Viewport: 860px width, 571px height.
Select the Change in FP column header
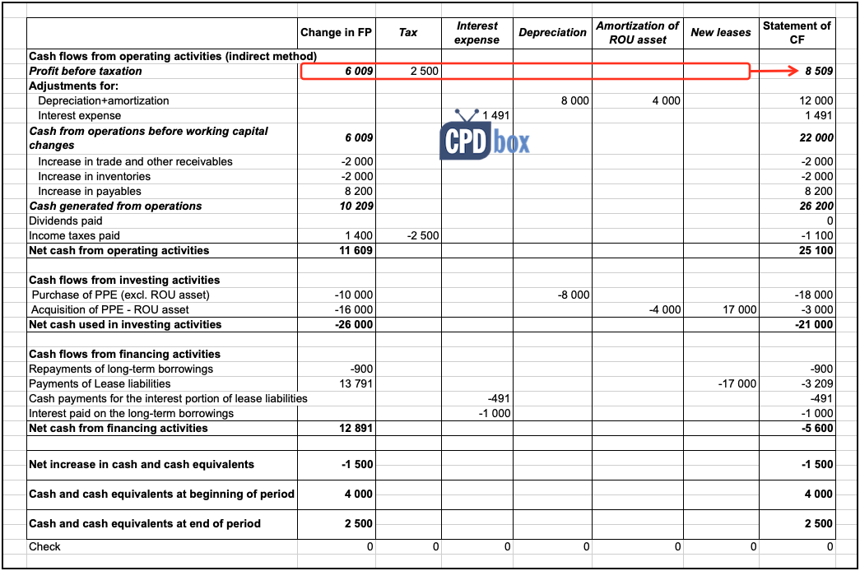[x=336, y=33]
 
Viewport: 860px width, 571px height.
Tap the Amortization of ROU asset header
[x=638, y=33]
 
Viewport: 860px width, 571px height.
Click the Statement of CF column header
[x=796, y=33]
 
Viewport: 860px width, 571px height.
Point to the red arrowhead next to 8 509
[x=795, y=71]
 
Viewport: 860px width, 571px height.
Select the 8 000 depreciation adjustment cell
[x=574, y=101]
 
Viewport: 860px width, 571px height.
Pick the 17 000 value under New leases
[x=740, y=310]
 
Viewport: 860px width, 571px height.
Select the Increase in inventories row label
[x=94, y=177]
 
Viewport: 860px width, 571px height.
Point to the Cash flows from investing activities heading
[x=124, y=281]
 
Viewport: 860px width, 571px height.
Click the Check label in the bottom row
[x=44, y=547]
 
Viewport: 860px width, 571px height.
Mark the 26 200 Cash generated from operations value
[x=816, y=207]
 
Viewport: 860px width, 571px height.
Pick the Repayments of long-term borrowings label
[x=121, y=369]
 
